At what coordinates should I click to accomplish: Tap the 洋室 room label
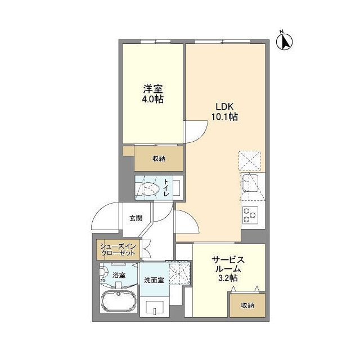(152, 89)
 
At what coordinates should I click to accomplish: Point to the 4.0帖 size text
(152, 100)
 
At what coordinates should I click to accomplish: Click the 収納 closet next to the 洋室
(159, 159)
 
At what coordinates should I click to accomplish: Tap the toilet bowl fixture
(147, 188)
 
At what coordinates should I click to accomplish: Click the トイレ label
(166, 187)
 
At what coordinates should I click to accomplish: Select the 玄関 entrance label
(136, 218)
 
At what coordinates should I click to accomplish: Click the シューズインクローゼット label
(118, 250)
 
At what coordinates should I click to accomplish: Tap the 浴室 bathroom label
(119, 275)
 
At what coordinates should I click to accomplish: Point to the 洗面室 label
(154, 280)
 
